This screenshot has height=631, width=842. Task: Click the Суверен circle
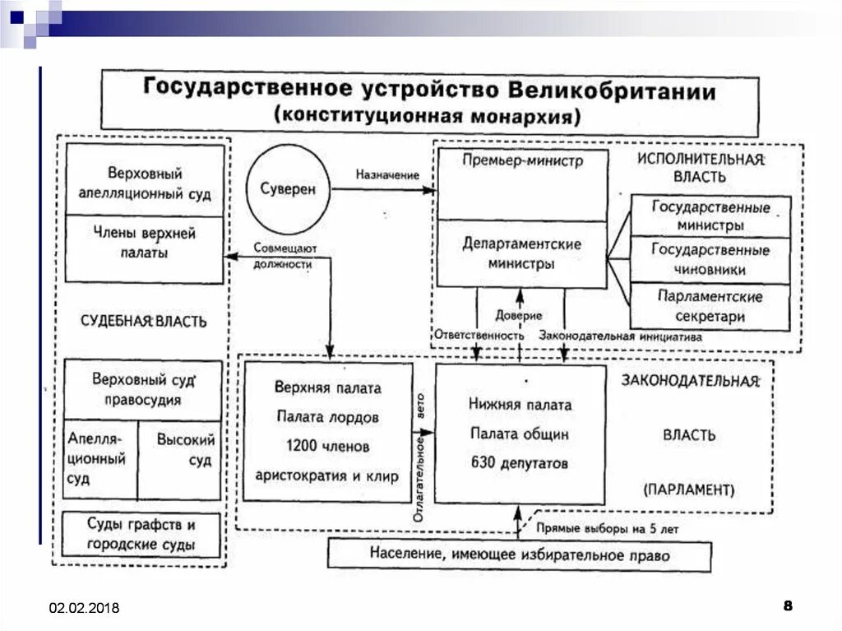coord(285,189)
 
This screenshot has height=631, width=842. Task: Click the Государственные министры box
coord(710,216)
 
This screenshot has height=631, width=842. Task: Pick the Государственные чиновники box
coord(710,259)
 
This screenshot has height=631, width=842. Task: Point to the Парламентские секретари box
coord(710,306)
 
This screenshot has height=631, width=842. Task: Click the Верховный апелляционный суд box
coord(145,183)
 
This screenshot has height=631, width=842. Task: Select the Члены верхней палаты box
coord(145,244)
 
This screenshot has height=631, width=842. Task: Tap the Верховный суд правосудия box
coord(143,391)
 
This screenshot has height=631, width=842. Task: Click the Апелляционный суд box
coord(99,458)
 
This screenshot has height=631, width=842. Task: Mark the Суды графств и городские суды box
coord(142,534)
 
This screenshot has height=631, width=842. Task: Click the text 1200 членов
coord(327,446)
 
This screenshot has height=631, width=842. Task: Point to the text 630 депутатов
coord(520,463)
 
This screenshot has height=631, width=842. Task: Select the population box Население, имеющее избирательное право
coord(519,555)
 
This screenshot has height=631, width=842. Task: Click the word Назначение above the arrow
coord(386,175)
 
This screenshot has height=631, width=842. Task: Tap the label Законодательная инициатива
coord(620,336)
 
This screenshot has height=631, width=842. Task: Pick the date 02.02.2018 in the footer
coord(84,608)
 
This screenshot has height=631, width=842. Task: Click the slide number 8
coord(788,606)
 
